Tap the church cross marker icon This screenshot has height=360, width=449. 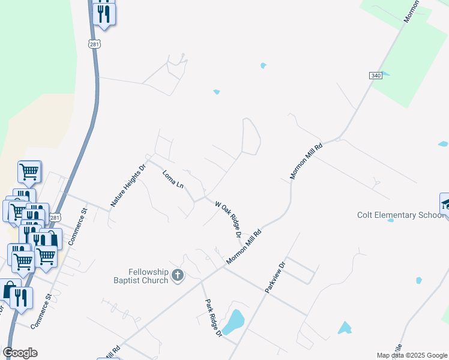(x=177, y=275)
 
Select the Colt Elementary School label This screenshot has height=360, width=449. (x=399, y=215)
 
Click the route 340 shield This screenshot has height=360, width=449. (x=375, y=75)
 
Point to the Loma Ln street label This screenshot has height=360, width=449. (x=173, y=179)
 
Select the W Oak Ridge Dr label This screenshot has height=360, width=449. (x=228, y=219)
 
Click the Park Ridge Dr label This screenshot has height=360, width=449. (x=214, y=317)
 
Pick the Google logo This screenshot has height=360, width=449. (x=20, y=352)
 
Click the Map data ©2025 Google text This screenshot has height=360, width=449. (x=412, y=355)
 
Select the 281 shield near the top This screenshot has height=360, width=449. (x=94, y=44)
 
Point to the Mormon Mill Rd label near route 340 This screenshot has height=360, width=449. (x=307, y=161)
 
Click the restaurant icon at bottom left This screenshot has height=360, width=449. (x=21, y=298)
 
